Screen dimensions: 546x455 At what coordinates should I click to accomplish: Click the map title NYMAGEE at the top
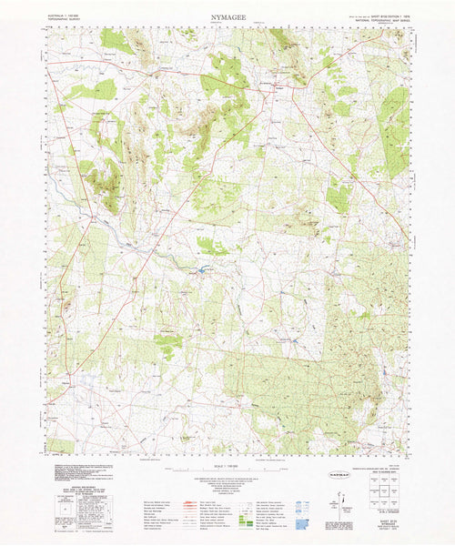227,17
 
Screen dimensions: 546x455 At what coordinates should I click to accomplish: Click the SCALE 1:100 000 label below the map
227,467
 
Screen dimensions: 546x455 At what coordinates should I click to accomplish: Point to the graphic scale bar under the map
227,473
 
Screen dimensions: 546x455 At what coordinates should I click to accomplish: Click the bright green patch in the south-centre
167,343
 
